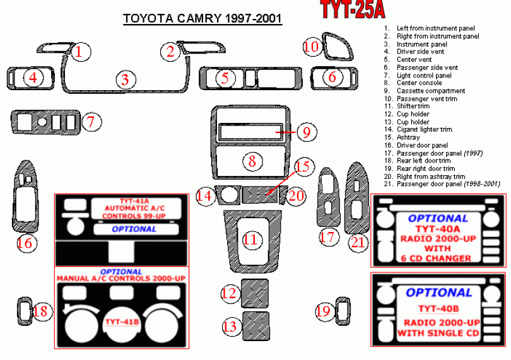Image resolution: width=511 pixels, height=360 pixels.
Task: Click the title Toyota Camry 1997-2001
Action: [x=202, y=18]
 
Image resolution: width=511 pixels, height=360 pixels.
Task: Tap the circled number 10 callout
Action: [x=312, y=46]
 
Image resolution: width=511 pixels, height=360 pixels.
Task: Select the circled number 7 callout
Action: [x=91, y=122]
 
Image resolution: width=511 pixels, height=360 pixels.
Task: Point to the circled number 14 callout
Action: [x=204, y=196]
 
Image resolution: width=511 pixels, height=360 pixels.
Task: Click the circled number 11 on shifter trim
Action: [x=250, y=240]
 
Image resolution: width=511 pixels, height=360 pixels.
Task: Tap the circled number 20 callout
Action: [x=297, y=195]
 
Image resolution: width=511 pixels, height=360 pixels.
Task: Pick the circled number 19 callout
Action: [x=324, y=310]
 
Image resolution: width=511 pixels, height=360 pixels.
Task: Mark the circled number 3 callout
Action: [x=126, y=79]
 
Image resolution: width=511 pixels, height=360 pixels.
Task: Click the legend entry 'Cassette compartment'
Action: [x=431, y=91]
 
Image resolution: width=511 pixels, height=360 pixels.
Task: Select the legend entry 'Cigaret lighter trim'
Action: [x=424, y=129]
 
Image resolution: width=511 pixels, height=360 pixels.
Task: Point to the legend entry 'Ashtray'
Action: [x=408, y=137]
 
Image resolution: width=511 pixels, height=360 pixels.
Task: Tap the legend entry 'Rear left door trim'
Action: [x=424, y=161]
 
